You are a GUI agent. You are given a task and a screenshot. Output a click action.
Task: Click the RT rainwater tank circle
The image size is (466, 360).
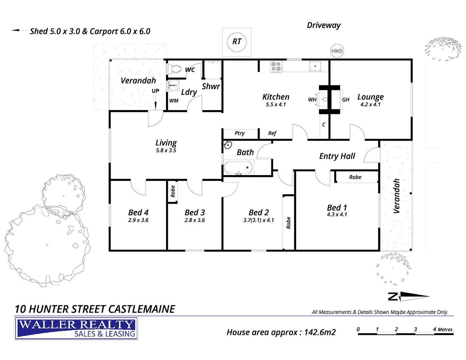(237, 42)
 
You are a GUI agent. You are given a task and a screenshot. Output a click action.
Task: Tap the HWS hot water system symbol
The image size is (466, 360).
(337, 51)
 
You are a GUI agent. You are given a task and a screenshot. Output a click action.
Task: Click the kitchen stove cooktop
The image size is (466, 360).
(276, 66)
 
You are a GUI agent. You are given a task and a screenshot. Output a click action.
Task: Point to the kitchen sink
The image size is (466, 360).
(315, 66)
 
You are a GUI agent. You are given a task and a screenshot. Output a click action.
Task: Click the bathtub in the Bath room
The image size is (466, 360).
(238, 167)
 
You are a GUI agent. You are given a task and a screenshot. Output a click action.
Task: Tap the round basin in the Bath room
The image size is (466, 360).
(228, 145)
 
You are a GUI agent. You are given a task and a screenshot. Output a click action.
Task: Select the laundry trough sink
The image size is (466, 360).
(173, 85)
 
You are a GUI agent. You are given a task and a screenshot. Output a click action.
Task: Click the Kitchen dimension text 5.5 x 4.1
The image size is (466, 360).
(276, 105)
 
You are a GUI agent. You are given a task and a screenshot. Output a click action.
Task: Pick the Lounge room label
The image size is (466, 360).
(370, 97)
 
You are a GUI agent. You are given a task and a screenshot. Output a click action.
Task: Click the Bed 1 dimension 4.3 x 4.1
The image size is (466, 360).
(337, 215)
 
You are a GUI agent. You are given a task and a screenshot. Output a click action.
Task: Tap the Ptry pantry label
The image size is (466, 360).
(239, 133)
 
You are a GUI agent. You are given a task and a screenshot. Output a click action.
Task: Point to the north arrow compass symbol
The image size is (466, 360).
(409, 296)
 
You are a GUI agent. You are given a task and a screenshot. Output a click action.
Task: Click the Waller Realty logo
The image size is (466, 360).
(76, 329)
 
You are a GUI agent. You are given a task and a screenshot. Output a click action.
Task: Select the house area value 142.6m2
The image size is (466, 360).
(320, 332)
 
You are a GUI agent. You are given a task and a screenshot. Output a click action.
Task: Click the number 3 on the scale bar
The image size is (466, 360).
(415, 329)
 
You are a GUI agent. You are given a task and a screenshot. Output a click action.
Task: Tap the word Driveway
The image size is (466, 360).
(324, 25)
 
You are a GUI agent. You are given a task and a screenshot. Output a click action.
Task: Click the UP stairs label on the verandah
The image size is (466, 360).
(155, 91)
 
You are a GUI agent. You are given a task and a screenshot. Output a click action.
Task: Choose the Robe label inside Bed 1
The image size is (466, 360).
(355, 177)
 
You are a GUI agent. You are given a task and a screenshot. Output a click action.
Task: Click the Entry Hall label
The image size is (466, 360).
(337, 156)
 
